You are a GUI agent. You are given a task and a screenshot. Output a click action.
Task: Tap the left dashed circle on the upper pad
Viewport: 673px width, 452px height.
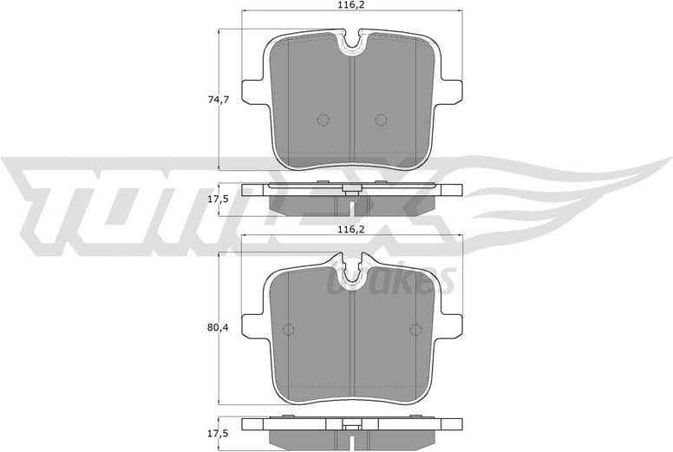[323, 120]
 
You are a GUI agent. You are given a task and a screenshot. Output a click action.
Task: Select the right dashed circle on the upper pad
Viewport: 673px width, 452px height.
[380, 120]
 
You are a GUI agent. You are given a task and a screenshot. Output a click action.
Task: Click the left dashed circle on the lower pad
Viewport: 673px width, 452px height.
[289, 329]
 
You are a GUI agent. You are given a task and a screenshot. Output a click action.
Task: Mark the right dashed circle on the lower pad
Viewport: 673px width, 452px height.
[415, 329]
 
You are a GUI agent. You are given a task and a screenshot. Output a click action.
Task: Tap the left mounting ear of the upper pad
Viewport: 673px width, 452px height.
[252, 90]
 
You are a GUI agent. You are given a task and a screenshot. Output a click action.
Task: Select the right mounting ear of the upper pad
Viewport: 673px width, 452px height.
[451, 90]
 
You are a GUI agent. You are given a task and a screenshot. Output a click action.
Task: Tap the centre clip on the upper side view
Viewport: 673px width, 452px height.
[351, 189]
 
